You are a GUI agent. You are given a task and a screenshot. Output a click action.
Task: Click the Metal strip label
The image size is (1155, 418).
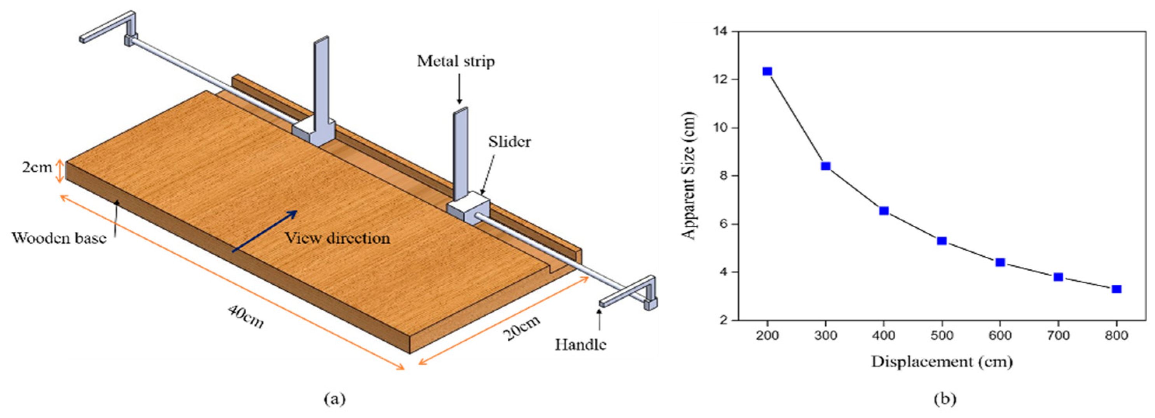click(456, 61)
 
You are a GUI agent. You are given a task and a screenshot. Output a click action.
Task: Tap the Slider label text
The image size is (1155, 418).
click(509, 142)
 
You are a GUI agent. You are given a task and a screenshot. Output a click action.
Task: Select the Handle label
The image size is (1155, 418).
click(581, 345)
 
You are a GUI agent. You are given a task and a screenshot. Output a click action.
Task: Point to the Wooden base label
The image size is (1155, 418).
click(59, 238)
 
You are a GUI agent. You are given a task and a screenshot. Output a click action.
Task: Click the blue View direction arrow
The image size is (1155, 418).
click(264, 231)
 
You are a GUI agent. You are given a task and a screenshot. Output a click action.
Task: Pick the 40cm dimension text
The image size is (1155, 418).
click(246, 316)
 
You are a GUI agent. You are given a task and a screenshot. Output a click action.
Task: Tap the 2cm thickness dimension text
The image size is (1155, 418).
click(37, 167)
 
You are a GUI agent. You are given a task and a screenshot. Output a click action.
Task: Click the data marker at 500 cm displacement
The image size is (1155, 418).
click(942, 241)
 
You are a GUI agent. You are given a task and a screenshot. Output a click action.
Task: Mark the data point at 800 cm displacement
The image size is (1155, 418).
click(1117, 289)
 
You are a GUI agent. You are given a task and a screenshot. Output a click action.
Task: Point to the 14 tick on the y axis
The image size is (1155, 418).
click(722, 31)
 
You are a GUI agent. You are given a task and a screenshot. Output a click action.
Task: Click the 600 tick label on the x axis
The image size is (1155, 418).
click(1000, 336)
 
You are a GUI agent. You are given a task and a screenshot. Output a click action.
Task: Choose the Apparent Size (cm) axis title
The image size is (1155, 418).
click(688, 176)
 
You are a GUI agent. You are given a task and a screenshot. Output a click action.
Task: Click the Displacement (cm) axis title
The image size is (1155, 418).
click(942, 362)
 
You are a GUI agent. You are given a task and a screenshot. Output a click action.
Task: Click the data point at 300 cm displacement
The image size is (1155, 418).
click(825, 166)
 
